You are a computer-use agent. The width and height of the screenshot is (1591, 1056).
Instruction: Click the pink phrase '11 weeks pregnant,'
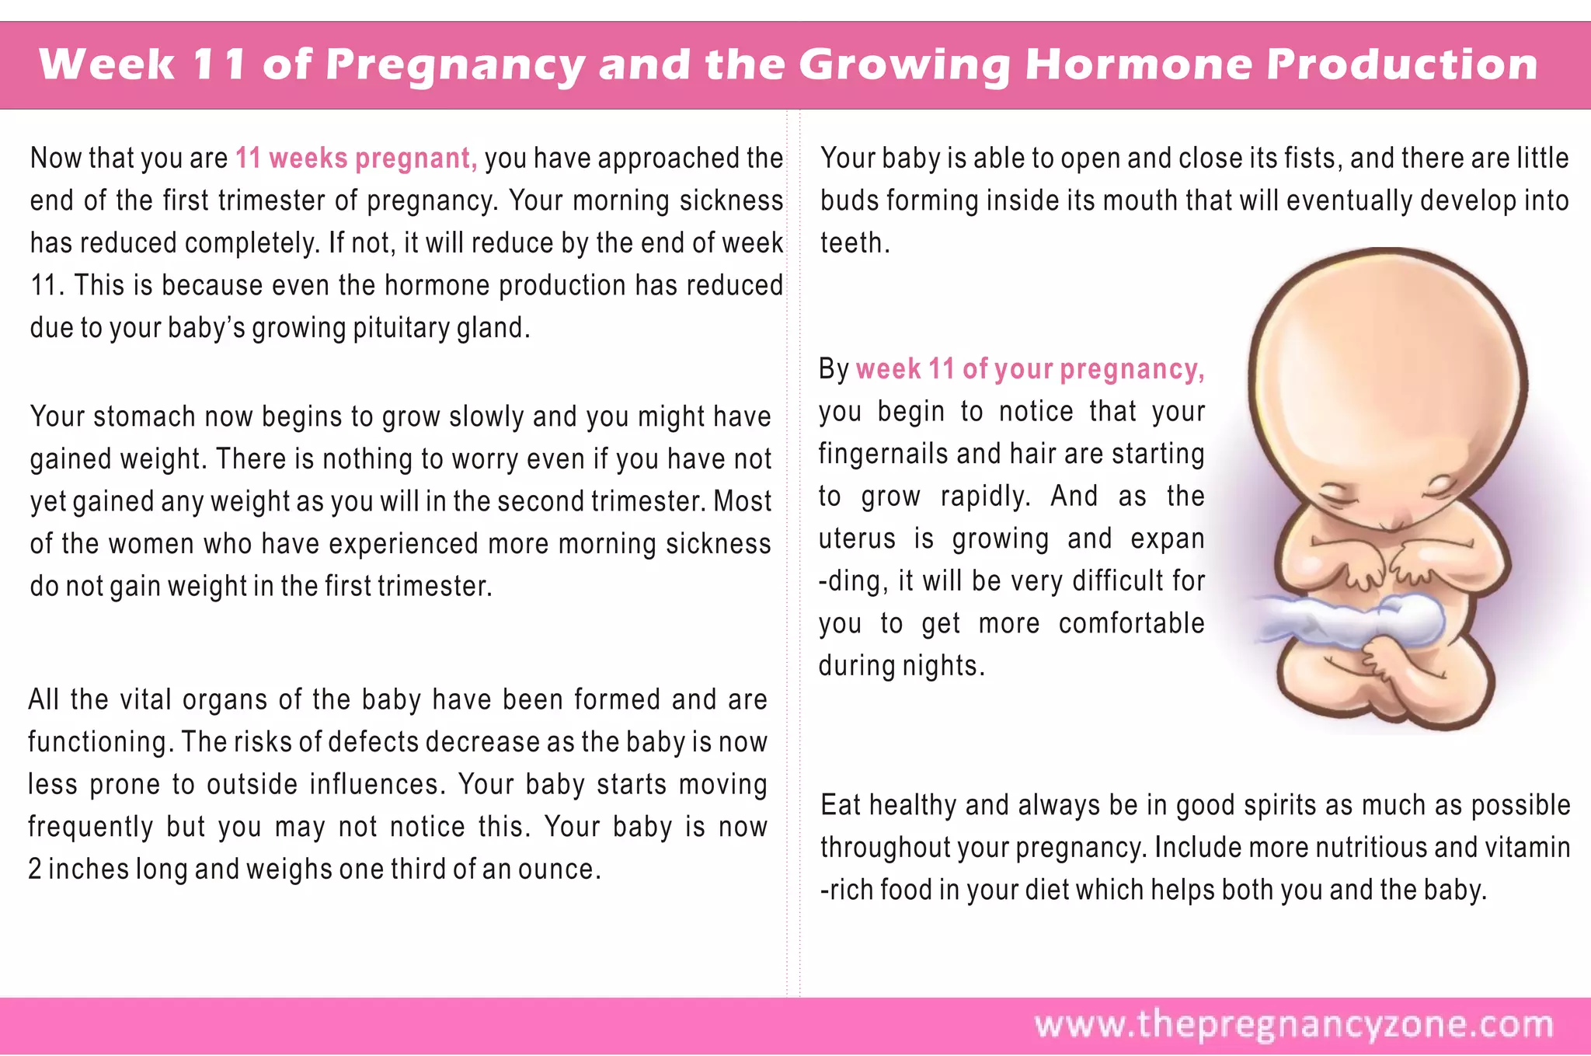[357, 159]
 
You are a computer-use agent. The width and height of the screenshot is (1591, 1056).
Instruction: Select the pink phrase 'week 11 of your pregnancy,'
[1030, 369]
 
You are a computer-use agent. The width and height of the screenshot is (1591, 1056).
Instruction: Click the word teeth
[852, 243]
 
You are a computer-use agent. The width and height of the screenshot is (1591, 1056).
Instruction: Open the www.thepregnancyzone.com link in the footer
[1293, 1025]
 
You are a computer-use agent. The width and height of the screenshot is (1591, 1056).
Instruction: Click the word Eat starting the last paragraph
[840, 806]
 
